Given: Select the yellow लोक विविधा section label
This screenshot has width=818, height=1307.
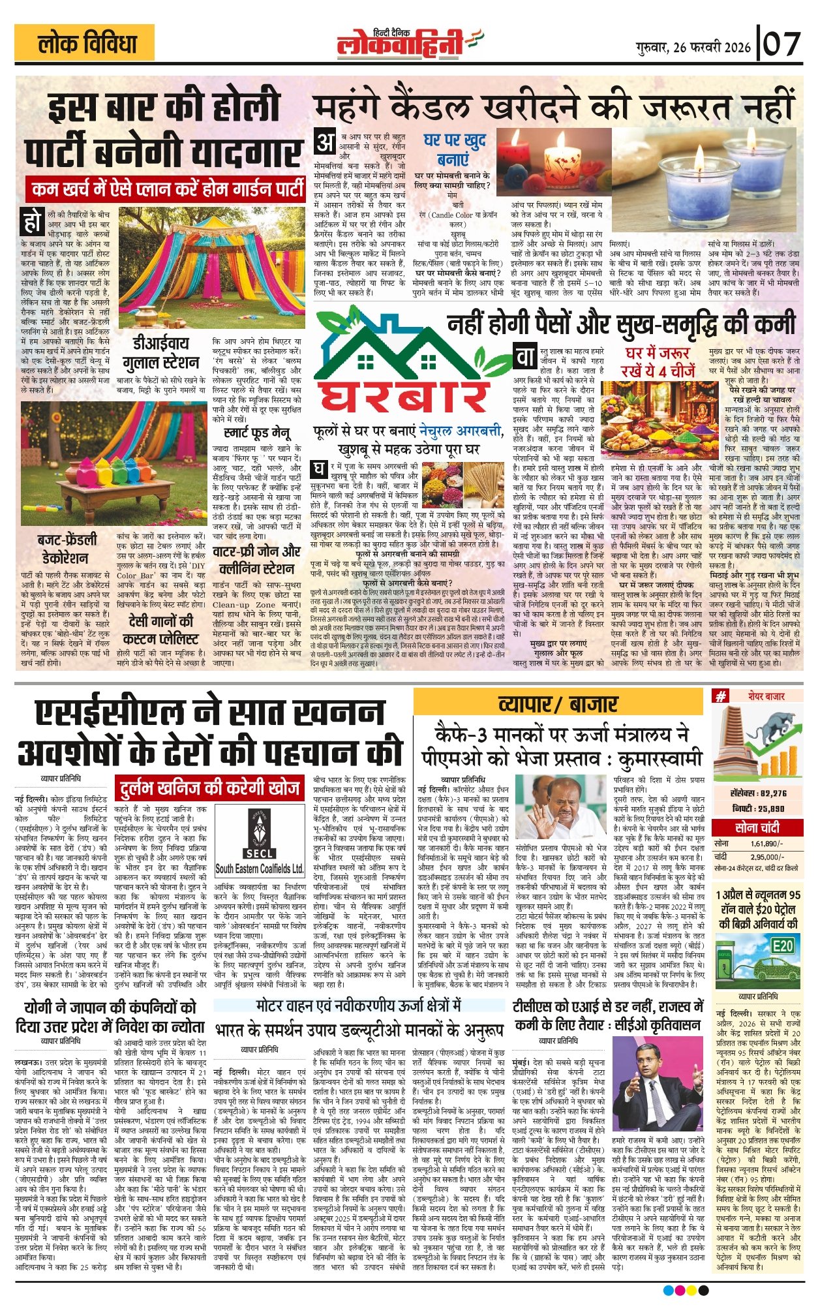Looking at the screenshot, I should coord(87,44).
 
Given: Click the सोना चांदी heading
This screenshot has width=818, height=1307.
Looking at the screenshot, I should coord(757,828).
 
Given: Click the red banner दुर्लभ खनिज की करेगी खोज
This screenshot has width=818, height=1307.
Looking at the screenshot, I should coord(208,788).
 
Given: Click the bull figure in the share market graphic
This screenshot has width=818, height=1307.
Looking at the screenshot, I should coord(770,721).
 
